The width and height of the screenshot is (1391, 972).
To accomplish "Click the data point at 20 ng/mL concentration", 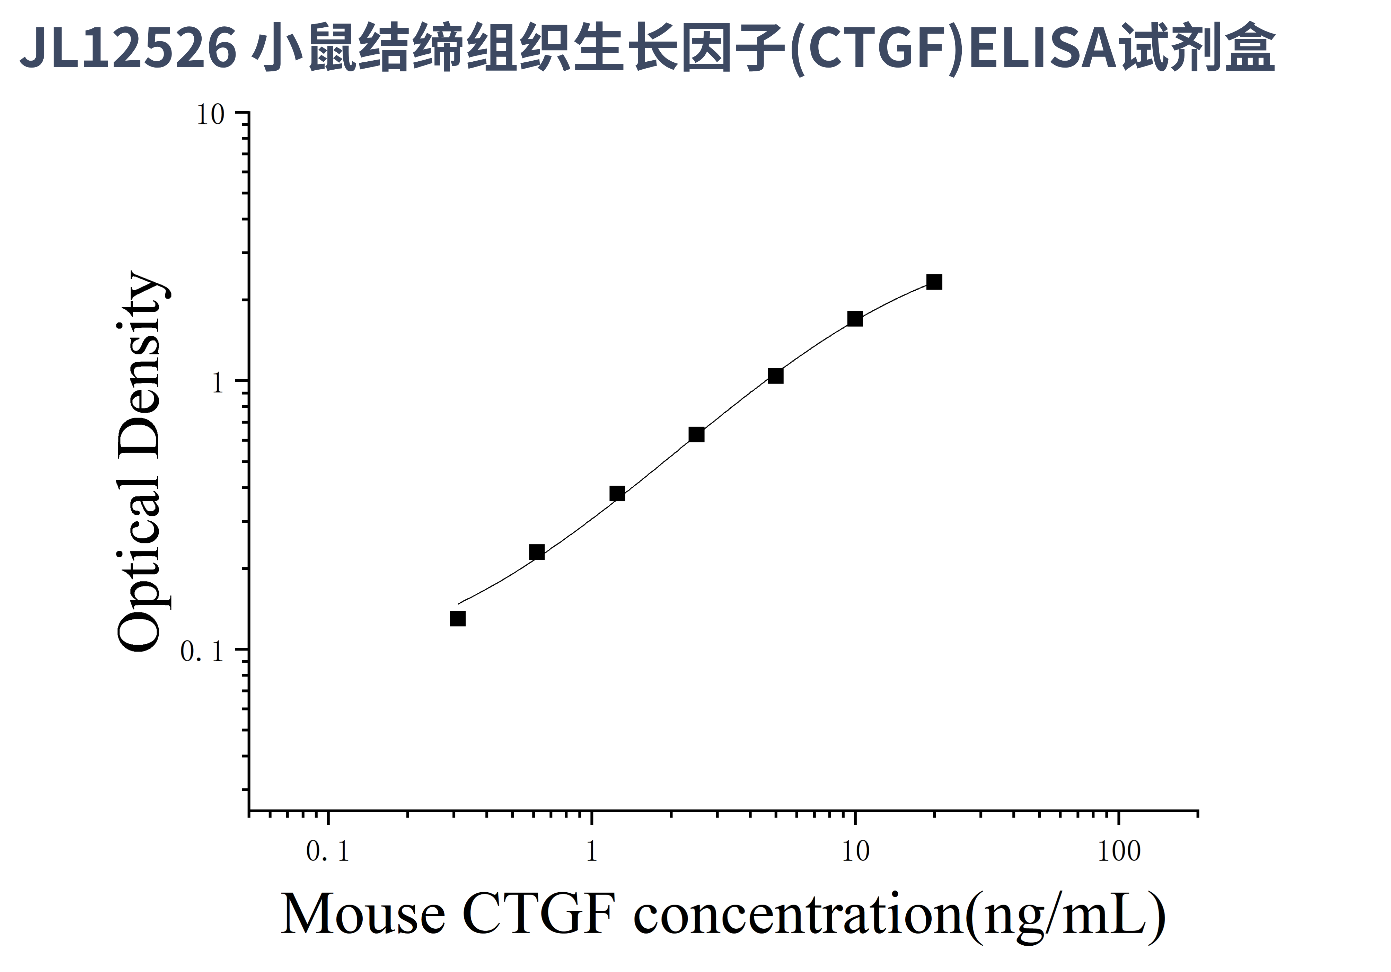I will coord(934,282).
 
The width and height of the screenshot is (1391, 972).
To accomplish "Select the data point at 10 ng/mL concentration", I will coord(855,319).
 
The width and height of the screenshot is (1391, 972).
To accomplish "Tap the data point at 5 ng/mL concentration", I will coord(775,376).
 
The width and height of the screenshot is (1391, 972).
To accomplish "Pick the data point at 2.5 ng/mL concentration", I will coord(697,435).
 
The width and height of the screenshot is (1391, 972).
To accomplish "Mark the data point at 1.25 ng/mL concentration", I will coord(617,494).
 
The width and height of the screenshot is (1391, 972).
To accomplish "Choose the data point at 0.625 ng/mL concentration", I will coord(537,552).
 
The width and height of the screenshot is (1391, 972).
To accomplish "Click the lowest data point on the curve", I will coord(457,619).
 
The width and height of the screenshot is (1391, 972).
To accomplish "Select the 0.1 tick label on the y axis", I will coord(202,652).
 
